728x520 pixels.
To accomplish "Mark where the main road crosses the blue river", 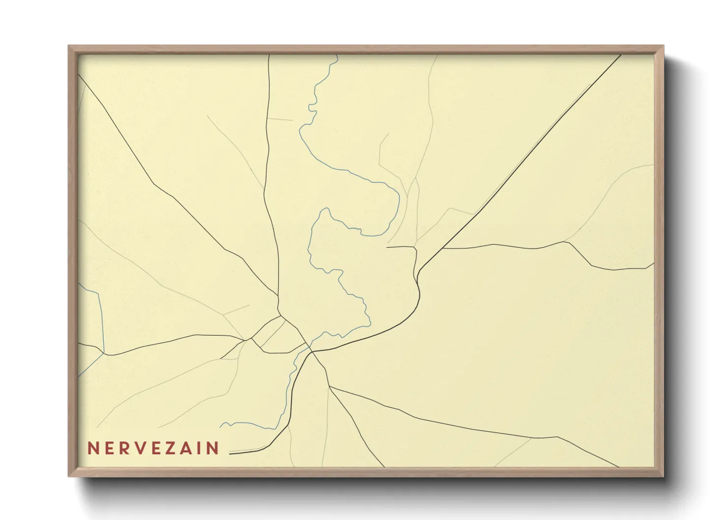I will click(311, 351).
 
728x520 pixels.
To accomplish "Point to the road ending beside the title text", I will click(231, 453).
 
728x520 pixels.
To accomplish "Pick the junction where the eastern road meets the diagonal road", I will click(442, 249).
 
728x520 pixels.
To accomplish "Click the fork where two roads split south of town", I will click(329, 386).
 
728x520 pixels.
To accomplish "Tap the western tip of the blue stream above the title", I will click(220, 426).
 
